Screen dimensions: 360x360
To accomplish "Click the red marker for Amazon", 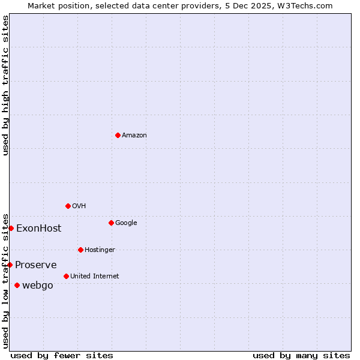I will click(118, 135).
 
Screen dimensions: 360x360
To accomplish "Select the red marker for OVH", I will click(68, 206).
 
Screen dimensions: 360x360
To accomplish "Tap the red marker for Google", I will click(111, 223).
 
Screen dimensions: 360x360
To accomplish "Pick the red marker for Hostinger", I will click(80, 250).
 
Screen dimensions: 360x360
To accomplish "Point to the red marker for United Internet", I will click(66, 276).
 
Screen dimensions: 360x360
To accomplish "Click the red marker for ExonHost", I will click(11, 228).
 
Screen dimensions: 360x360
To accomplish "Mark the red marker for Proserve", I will click(10, 265).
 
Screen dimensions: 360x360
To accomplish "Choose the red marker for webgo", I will click(17, 285).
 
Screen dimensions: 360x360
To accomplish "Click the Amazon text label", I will click(134, 136).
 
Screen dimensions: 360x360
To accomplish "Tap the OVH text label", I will click(79, 206).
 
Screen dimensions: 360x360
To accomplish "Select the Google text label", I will click(126, 223).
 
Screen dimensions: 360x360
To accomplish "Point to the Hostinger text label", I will click(100, 250).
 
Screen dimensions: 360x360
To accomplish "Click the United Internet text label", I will click(94, 277).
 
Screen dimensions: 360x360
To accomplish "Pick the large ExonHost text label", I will click(38, 229).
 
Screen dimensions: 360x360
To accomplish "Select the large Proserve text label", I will click(36, 265).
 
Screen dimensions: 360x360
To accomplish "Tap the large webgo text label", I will click(37, 286).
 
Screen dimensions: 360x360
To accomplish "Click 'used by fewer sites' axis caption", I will click(62, 355).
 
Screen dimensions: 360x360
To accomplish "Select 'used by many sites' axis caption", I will click(301, 355).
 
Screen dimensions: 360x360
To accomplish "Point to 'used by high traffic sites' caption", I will click(5, 85).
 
